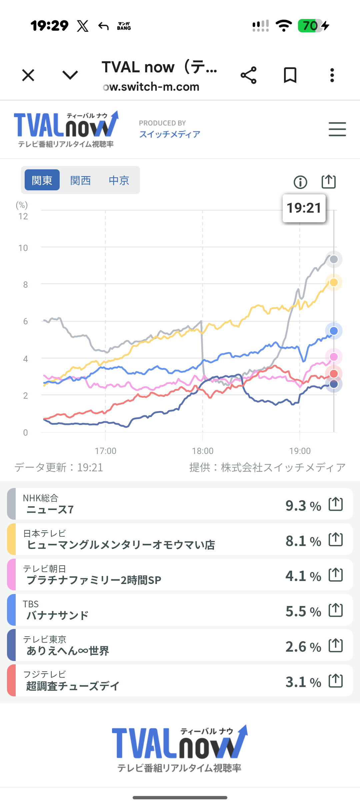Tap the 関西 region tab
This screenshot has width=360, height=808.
click(x=80, y=180)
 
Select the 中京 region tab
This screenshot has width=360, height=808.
click(x=119, y=180)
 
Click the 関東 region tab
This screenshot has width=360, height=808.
click(x=42, y=180)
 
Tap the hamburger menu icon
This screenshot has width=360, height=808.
click(x=337, y=129)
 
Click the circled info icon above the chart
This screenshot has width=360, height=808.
click(x=300, y=182)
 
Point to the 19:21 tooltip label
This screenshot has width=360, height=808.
click(x=304, y=208)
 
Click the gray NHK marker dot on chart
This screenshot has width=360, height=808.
click(x=334, y=259)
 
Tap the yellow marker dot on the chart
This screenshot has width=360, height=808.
click(x=334, y=282)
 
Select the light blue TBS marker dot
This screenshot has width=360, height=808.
click(x=334, y=331)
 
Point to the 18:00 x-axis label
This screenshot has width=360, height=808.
click(x=203, y=451)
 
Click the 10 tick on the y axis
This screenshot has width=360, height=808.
click(x=23, y=248)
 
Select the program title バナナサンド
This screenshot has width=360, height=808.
click(x=58, y=615)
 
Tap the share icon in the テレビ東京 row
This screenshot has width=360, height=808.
click(x=336, y=645)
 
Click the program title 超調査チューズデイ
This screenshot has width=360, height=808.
click(x=73, y=686)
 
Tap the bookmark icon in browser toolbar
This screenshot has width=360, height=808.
click(x=290, y=75)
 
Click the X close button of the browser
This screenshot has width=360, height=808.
click(x=28, y=75)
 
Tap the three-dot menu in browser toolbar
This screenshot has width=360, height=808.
click(x=332, y=75)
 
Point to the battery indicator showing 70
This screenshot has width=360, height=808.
click(x=310, y=26)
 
